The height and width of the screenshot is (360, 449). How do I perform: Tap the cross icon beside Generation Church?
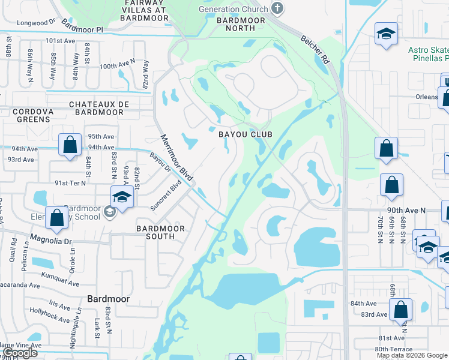click(276, 8)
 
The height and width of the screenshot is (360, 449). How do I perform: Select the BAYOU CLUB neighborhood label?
click(245, 134)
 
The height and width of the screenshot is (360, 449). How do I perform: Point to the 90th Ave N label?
click(406, 211)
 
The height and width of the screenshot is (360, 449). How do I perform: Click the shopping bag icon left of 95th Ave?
click(70, 145)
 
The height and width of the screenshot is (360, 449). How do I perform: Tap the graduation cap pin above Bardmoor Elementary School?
click(121, 197)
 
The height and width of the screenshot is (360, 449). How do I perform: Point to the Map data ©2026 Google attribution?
click(411, 355)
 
